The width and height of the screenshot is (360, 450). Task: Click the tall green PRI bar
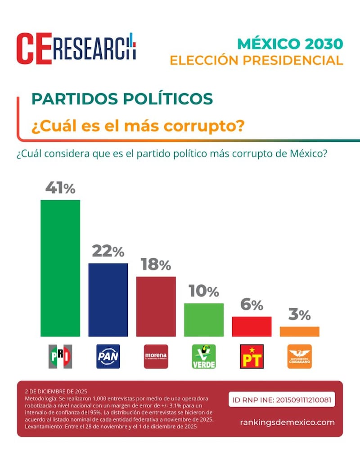(60, 268)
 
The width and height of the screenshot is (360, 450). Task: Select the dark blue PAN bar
(108, 300)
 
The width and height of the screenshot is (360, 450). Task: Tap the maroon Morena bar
(156, 306)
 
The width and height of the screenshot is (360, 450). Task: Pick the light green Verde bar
(204, 320)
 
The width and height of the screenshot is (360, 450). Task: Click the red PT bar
(252, 327)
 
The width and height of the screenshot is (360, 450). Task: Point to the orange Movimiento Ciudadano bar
(299, 332)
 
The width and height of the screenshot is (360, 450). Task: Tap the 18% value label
(156, 265)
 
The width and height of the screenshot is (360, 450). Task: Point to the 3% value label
(299, 315)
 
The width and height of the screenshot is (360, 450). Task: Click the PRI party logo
(60, 356)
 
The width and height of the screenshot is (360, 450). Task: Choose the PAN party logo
(108, 356)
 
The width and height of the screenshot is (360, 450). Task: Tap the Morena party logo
(156, 356)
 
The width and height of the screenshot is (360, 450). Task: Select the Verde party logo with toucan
(204, 356)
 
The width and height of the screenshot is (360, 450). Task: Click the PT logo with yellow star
(252, 356)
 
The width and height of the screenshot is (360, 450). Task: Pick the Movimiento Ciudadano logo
(299, 356)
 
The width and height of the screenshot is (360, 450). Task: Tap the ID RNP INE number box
(282, 400)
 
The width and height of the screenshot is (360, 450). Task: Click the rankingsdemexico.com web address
(288, 422)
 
